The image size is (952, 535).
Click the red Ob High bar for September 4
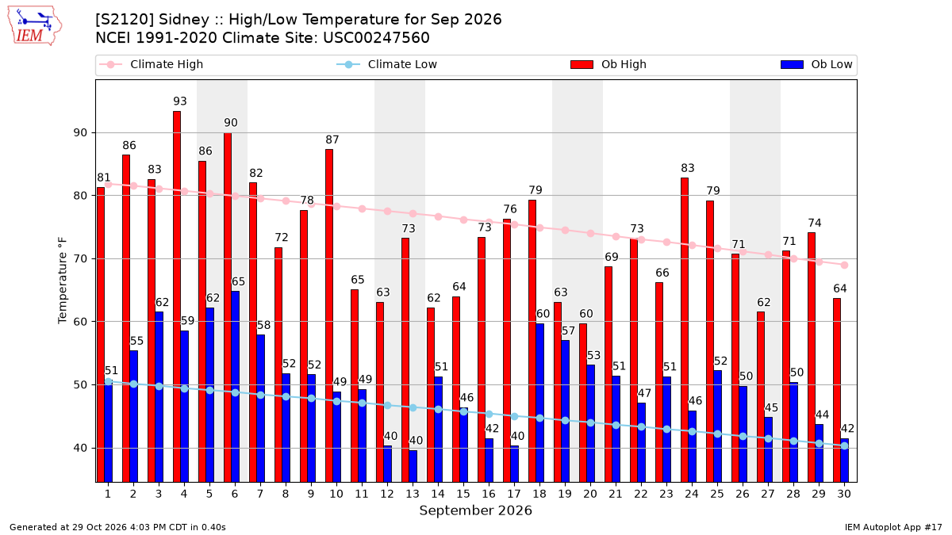177,296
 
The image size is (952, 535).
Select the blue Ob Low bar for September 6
235,387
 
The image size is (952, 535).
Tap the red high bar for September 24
684,330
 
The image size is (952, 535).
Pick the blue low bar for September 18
539,403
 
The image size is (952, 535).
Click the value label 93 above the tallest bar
180,101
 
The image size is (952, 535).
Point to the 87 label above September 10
332,139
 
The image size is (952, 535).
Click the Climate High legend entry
152,64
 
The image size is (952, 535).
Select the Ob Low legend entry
816,64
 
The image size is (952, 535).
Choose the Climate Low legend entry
387,64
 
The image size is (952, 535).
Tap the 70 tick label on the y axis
79,259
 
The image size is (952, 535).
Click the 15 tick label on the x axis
463,495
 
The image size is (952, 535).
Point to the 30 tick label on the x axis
844,495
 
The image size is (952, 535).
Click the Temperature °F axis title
63,281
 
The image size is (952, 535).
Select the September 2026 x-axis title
475,510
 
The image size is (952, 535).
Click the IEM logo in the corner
35,26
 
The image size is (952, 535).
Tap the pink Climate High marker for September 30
844,266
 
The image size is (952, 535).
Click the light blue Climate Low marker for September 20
590,423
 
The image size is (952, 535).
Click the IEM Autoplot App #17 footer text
893,527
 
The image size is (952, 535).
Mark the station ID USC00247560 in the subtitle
376,38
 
